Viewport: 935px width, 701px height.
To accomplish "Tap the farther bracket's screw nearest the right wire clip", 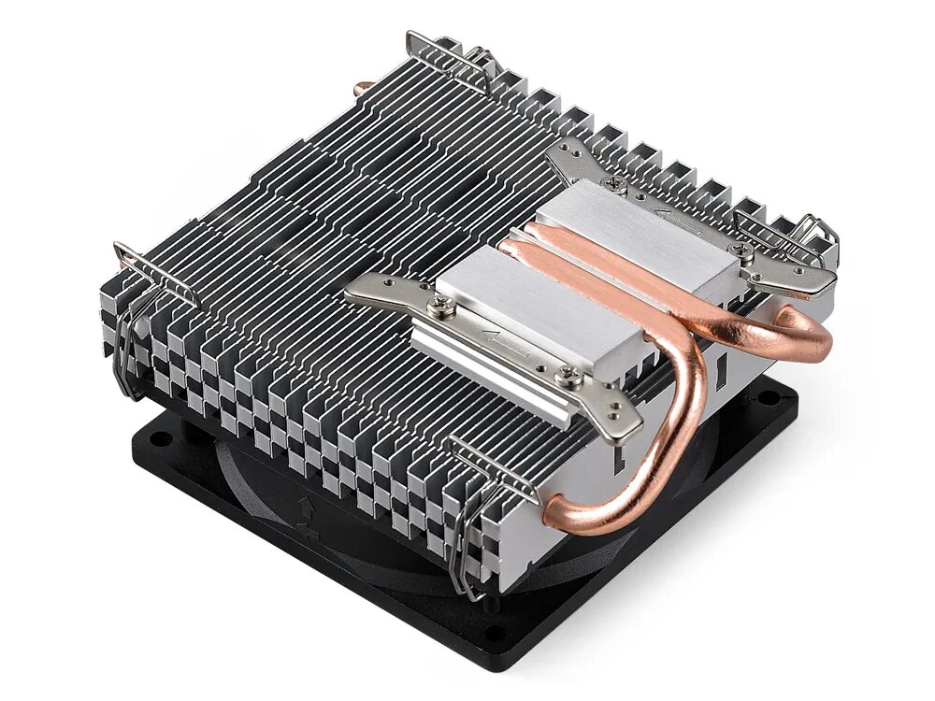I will click(746, 250).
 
